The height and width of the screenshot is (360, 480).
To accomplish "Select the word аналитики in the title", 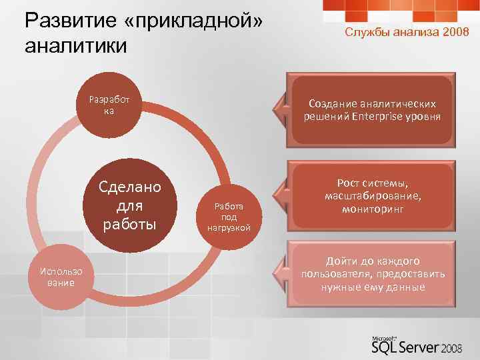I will (x=74, y=46).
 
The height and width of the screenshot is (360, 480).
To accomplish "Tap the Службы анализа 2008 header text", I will (x=402, y=33).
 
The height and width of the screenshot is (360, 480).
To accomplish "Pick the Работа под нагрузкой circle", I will (x=229, y=217).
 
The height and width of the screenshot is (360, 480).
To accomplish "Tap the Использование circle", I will (x=61, y=277).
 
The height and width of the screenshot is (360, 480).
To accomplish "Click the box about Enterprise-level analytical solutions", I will (x=372, y=110).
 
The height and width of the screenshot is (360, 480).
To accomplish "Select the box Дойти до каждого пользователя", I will (x=372, y=274).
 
